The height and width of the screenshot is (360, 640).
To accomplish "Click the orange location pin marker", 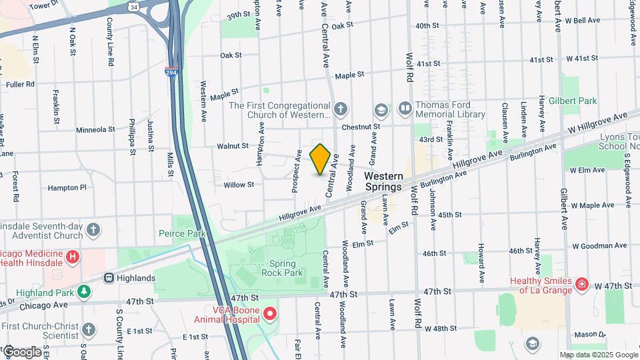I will coord(321,159).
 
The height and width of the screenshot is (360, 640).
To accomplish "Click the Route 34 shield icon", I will coord(134,7).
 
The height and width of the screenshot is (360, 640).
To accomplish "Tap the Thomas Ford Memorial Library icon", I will coord(404,108).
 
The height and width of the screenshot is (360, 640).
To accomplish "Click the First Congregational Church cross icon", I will coord(341,109).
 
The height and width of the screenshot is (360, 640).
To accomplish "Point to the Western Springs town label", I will coord(383,181).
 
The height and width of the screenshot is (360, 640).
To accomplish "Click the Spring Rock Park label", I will coord(286,267).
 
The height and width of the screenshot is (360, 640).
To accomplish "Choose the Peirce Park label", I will coord(182,233).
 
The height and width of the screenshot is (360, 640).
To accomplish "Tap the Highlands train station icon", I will coord(108,278).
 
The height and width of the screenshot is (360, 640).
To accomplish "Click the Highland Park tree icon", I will coord(83,291).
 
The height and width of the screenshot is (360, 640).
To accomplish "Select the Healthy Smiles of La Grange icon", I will coord(582,285).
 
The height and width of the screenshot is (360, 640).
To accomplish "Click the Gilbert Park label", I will coord(579,101).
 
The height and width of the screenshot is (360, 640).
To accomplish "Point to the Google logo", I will coord(22,351).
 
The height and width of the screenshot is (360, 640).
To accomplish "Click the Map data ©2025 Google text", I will coord(599,355).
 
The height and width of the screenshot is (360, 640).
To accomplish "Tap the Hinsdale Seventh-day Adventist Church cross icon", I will coord(94,230).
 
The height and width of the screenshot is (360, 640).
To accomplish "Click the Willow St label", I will coord(239,185).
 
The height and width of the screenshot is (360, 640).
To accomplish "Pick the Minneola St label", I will coord(96,130).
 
